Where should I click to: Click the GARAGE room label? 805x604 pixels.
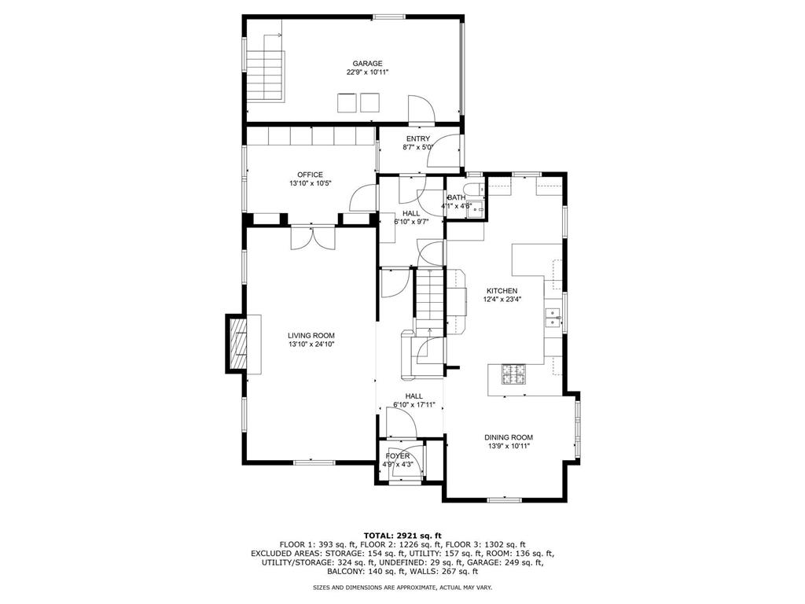367,63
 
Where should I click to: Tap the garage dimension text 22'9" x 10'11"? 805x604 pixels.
367,72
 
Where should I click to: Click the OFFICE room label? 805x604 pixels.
310,175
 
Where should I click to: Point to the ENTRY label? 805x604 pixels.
417,138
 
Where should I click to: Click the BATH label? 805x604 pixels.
457,197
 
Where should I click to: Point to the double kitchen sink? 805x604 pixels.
553,318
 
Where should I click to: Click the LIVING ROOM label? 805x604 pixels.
311,335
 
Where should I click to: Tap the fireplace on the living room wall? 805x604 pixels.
238,342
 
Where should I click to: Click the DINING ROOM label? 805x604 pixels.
509,437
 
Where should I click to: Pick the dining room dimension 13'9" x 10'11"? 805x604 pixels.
509,446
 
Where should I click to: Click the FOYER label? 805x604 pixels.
398,456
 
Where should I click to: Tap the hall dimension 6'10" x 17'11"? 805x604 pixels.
414,405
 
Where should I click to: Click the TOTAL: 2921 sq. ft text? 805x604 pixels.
402,535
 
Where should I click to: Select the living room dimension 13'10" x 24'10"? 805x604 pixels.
311,344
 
